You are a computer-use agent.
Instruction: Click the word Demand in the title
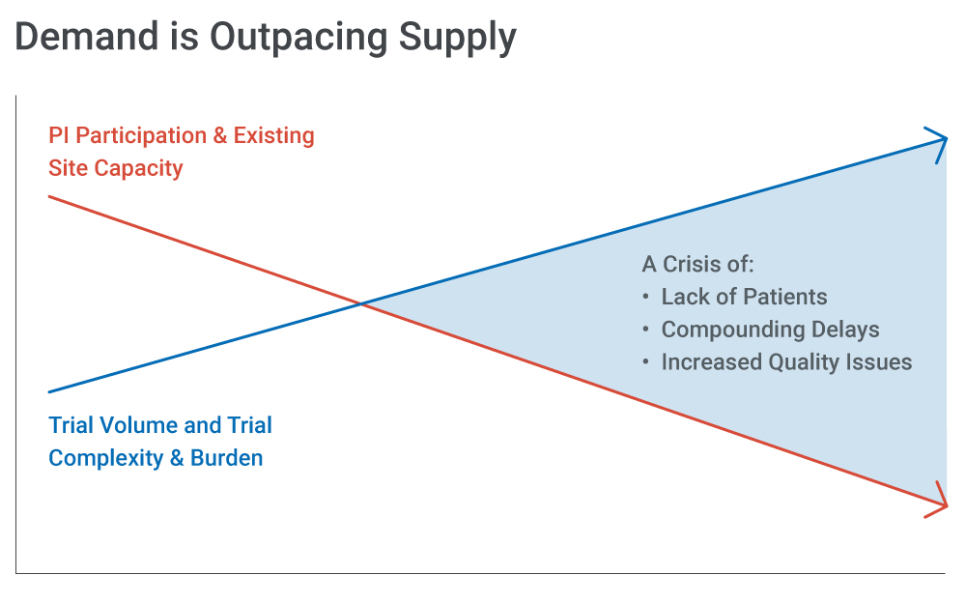87,37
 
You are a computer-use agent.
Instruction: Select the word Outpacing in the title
299,40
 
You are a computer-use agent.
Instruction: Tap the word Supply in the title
458,40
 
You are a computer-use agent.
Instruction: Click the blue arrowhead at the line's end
939,144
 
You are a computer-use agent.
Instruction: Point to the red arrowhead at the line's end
939,501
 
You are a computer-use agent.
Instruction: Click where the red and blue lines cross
361,303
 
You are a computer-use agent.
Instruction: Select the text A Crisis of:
697,265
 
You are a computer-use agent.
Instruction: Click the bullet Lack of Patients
734,297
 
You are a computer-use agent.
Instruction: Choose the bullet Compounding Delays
761,330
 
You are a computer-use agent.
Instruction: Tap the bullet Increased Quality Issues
777,362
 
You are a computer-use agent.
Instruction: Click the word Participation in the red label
141,136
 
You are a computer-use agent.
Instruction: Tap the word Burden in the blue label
227,458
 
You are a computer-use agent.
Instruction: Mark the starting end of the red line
49,196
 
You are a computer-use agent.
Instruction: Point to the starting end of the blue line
49,391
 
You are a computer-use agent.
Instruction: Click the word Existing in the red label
273,136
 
